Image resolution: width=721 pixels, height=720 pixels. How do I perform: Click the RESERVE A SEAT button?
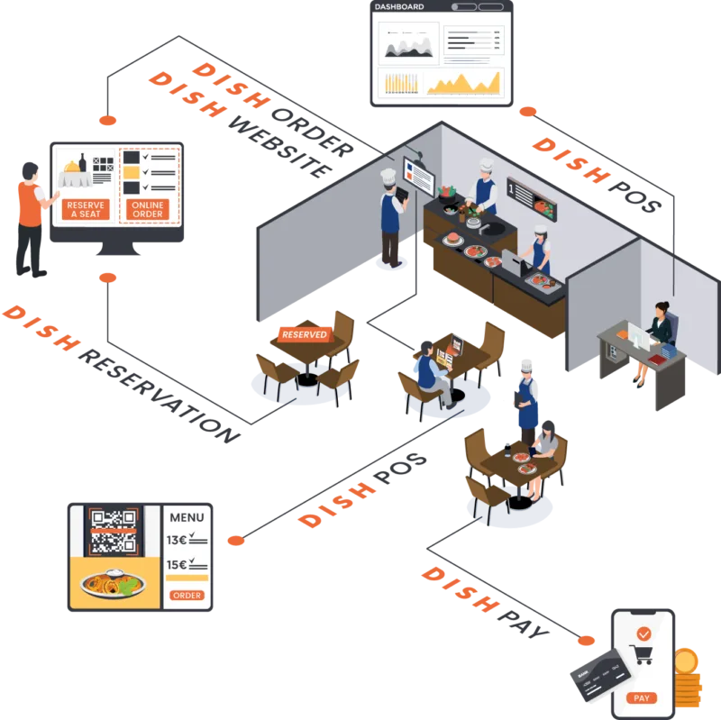point(87,209)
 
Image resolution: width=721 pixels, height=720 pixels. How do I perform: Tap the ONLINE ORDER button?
point(148,209)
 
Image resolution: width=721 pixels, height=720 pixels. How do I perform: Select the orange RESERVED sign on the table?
point(304,333)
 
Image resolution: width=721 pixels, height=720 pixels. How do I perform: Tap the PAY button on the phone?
point(643,697)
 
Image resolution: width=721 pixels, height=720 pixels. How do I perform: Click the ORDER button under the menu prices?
point(187,596)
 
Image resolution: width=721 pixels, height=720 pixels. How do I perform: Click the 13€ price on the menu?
point(177,541)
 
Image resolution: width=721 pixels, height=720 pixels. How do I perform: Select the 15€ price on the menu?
point(177,565)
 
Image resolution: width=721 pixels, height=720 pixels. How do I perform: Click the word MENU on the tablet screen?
point(187,517)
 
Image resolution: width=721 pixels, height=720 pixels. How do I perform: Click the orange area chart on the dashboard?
point(463,85)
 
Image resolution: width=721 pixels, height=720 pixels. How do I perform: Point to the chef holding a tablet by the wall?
point(390,216)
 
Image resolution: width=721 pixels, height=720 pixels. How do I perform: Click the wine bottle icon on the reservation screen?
point(83,163)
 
